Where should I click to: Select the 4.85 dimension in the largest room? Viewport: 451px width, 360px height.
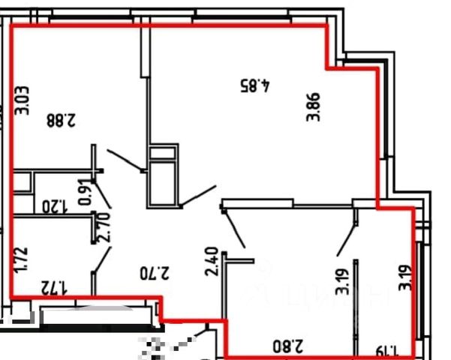(254, 85)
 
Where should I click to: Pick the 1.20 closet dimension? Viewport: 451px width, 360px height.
(55, 205)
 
